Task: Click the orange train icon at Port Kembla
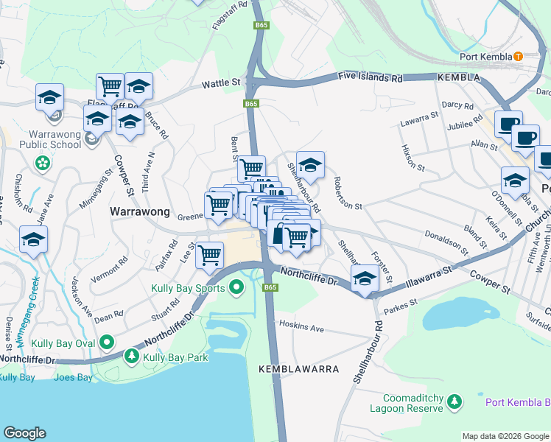click(x=518, y=56)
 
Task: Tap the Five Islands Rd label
click(x=371, y=76)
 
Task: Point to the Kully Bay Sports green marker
click(x=236, y=287)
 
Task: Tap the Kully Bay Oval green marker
click(x=107, y=342)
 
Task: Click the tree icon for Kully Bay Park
click(x=132, y=357)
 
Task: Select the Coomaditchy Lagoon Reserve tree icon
click(x=455, y=401)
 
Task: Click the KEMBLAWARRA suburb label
click(x=298, y=368)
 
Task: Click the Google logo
click(x=24, y=432)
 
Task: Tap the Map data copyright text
click(x=505, y=436)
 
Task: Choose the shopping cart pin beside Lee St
click(x=210, y=255)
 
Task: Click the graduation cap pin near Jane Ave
click(x=33, y=239)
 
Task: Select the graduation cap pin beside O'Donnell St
click(x=515, y=180)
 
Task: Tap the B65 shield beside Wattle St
click(x=251, y=104)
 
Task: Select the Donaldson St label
click(x=446, y=241)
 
